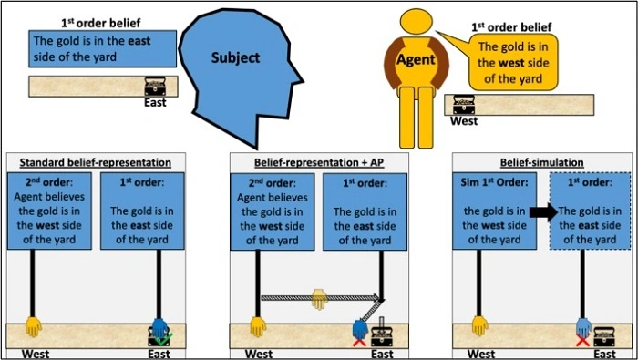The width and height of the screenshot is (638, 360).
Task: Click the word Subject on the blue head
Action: coord(235,57)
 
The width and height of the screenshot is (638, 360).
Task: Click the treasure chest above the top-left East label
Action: coord(156,87)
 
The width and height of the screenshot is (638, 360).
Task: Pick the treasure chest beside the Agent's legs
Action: coord(464,105)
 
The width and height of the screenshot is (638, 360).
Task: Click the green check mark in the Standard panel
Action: coord(168,339)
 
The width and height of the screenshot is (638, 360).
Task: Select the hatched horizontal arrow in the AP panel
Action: coord(318,296)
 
